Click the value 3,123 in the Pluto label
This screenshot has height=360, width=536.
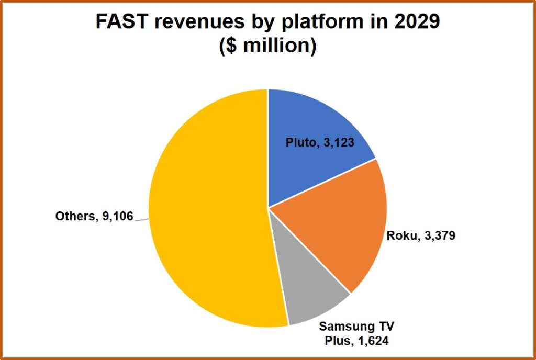(x=339, y=142)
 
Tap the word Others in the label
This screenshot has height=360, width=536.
(x=73, y=216)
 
